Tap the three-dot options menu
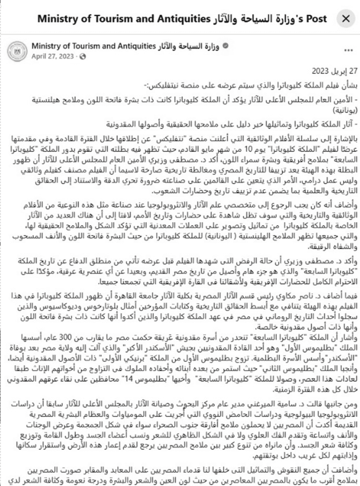[348, 50]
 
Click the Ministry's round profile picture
[17, 51]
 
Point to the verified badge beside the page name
[226, 46]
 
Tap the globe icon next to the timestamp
[83, 56]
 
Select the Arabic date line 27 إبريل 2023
[332, 71]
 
